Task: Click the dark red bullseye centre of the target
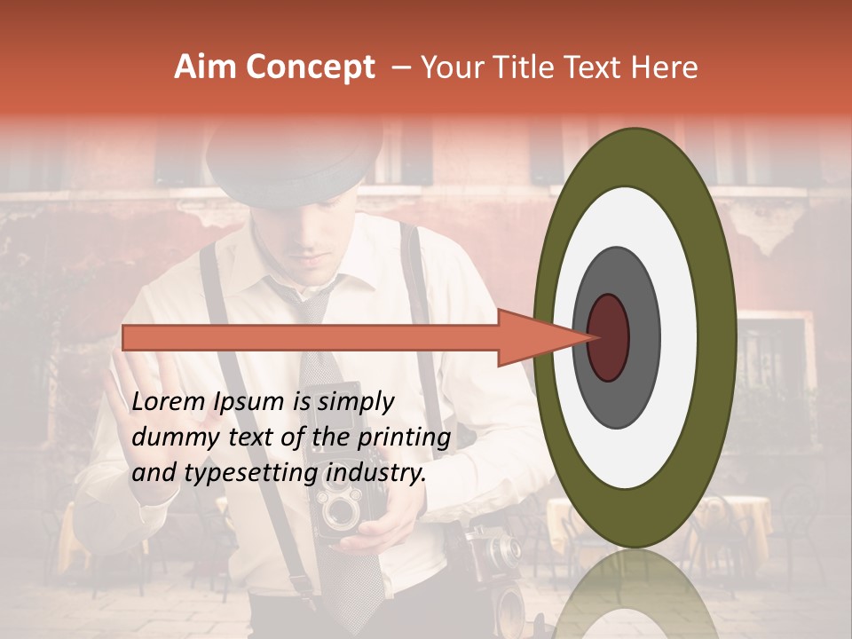click(609, 337)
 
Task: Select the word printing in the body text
click(407, 438)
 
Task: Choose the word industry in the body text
click(375, 473)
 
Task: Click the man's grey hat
click(293, 160)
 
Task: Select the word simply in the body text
click(355, 402)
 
